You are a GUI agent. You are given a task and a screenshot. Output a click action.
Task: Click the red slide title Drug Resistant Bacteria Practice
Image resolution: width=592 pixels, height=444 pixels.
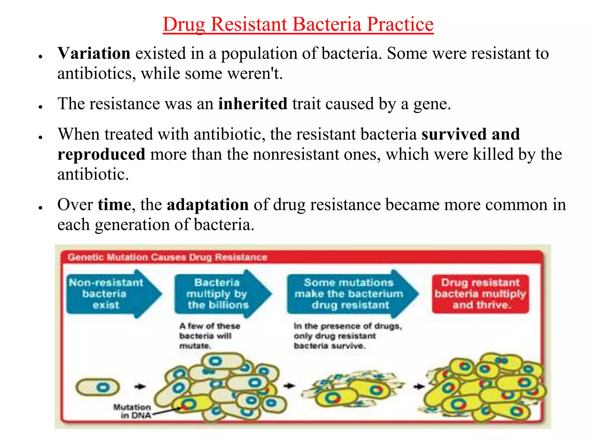[x=298, y=24]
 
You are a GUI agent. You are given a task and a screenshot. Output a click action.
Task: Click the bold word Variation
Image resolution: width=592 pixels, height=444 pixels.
[x=94, y=53]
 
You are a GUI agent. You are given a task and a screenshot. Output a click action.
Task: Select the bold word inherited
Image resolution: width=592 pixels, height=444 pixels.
[x=253, y=104]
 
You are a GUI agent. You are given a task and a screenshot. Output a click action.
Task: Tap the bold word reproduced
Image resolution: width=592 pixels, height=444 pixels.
[x=101, y=154]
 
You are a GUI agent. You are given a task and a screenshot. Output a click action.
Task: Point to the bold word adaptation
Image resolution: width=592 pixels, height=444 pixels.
[x=208, y=205]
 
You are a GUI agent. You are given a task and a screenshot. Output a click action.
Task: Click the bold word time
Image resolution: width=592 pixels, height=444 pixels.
[x=114, y=205]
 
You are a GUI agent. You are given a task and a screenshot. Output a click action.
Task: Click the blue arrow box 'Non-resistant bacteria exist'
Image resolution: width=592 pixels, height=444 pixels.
[x=110, y=294]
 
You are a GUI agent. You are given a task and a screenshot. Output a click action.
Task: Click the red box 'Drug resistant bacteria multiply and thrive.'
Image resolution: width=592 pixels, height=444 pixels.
[x=480, y=294]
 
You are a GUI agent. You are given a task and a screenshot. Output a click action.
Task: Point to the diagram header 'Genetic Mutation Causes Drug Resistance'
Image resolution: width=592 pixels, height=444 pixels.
[x=167, y=257]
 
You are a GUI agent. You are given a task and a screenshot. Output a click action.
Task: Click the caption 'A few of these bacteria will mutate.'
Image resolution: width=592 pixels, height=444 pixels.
[x=209, y=336]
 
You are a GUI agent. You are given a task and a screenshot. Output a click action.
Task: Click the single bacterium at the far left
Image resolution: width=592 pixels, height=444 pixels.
[x=98, y=387]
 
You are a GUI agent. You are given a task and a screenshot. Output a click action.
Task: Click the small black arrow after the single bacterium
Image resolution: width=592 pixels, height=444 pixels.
[x=140, y=386]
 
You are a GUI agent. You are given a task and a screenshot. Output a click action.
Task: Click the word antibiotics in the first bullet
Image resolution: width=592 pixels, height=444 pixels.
[x=94, y=74]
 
